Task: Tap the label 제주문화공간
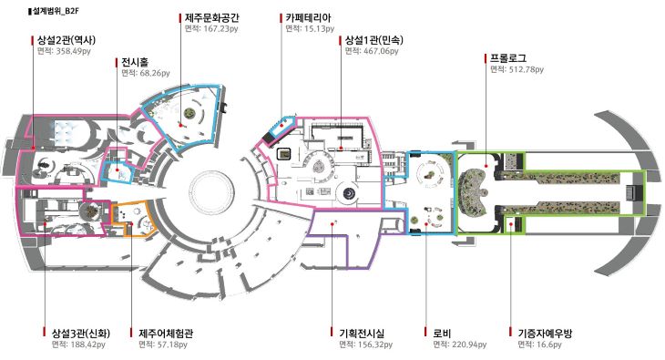click(211, 18)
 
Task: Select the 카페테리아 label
click(308, 18)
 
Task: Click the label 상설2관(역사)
click(66, 40)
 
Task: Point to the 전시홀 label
click(135, 62)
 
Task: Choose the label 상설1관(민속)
click(373, 40)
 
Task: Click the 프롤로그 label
click(508, 58)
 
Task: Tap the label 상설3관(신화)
click(80, 334)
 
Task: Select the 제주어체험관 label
click(166, 334)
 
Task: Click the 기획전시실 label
click(362, 334)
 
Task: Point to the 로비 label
click(442, 334)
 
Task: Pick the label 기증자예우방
click(545, 334)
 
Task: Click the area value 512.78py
click(526, 69)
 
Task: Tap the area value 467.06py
click(381, 51)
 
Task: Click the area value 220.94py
click(469, 345)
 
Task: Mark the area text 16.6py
click(548, 345)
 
